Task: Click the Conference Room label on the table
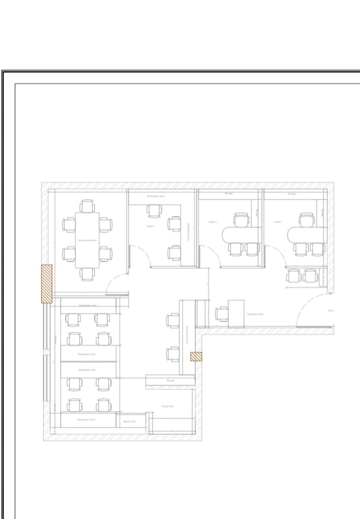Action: click(87, 240)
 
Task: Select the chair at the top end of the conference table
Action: click(87, 206)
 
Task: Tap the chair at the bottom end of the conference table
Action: click(87, 274)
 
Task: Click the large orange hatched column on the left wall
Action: click(46, 284)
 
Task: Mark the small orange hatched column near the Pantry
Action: click(196, 357)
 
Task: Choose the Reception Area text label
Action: click(255, 314)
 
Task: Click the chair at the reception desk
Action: click(222, 314)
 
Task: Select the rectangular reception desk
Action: click(236, 313)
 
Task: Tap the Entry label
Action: click(331, 311)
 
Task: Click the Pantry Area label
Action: click(168, 406)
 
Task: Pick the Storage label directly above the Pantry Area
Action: click(170, 381)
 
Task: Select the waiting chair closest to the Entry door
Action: click(310, 276)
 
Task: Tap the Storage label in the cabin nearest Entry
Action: click(292, 194)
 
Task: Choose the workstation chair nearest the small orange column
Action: click(173, 354)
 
